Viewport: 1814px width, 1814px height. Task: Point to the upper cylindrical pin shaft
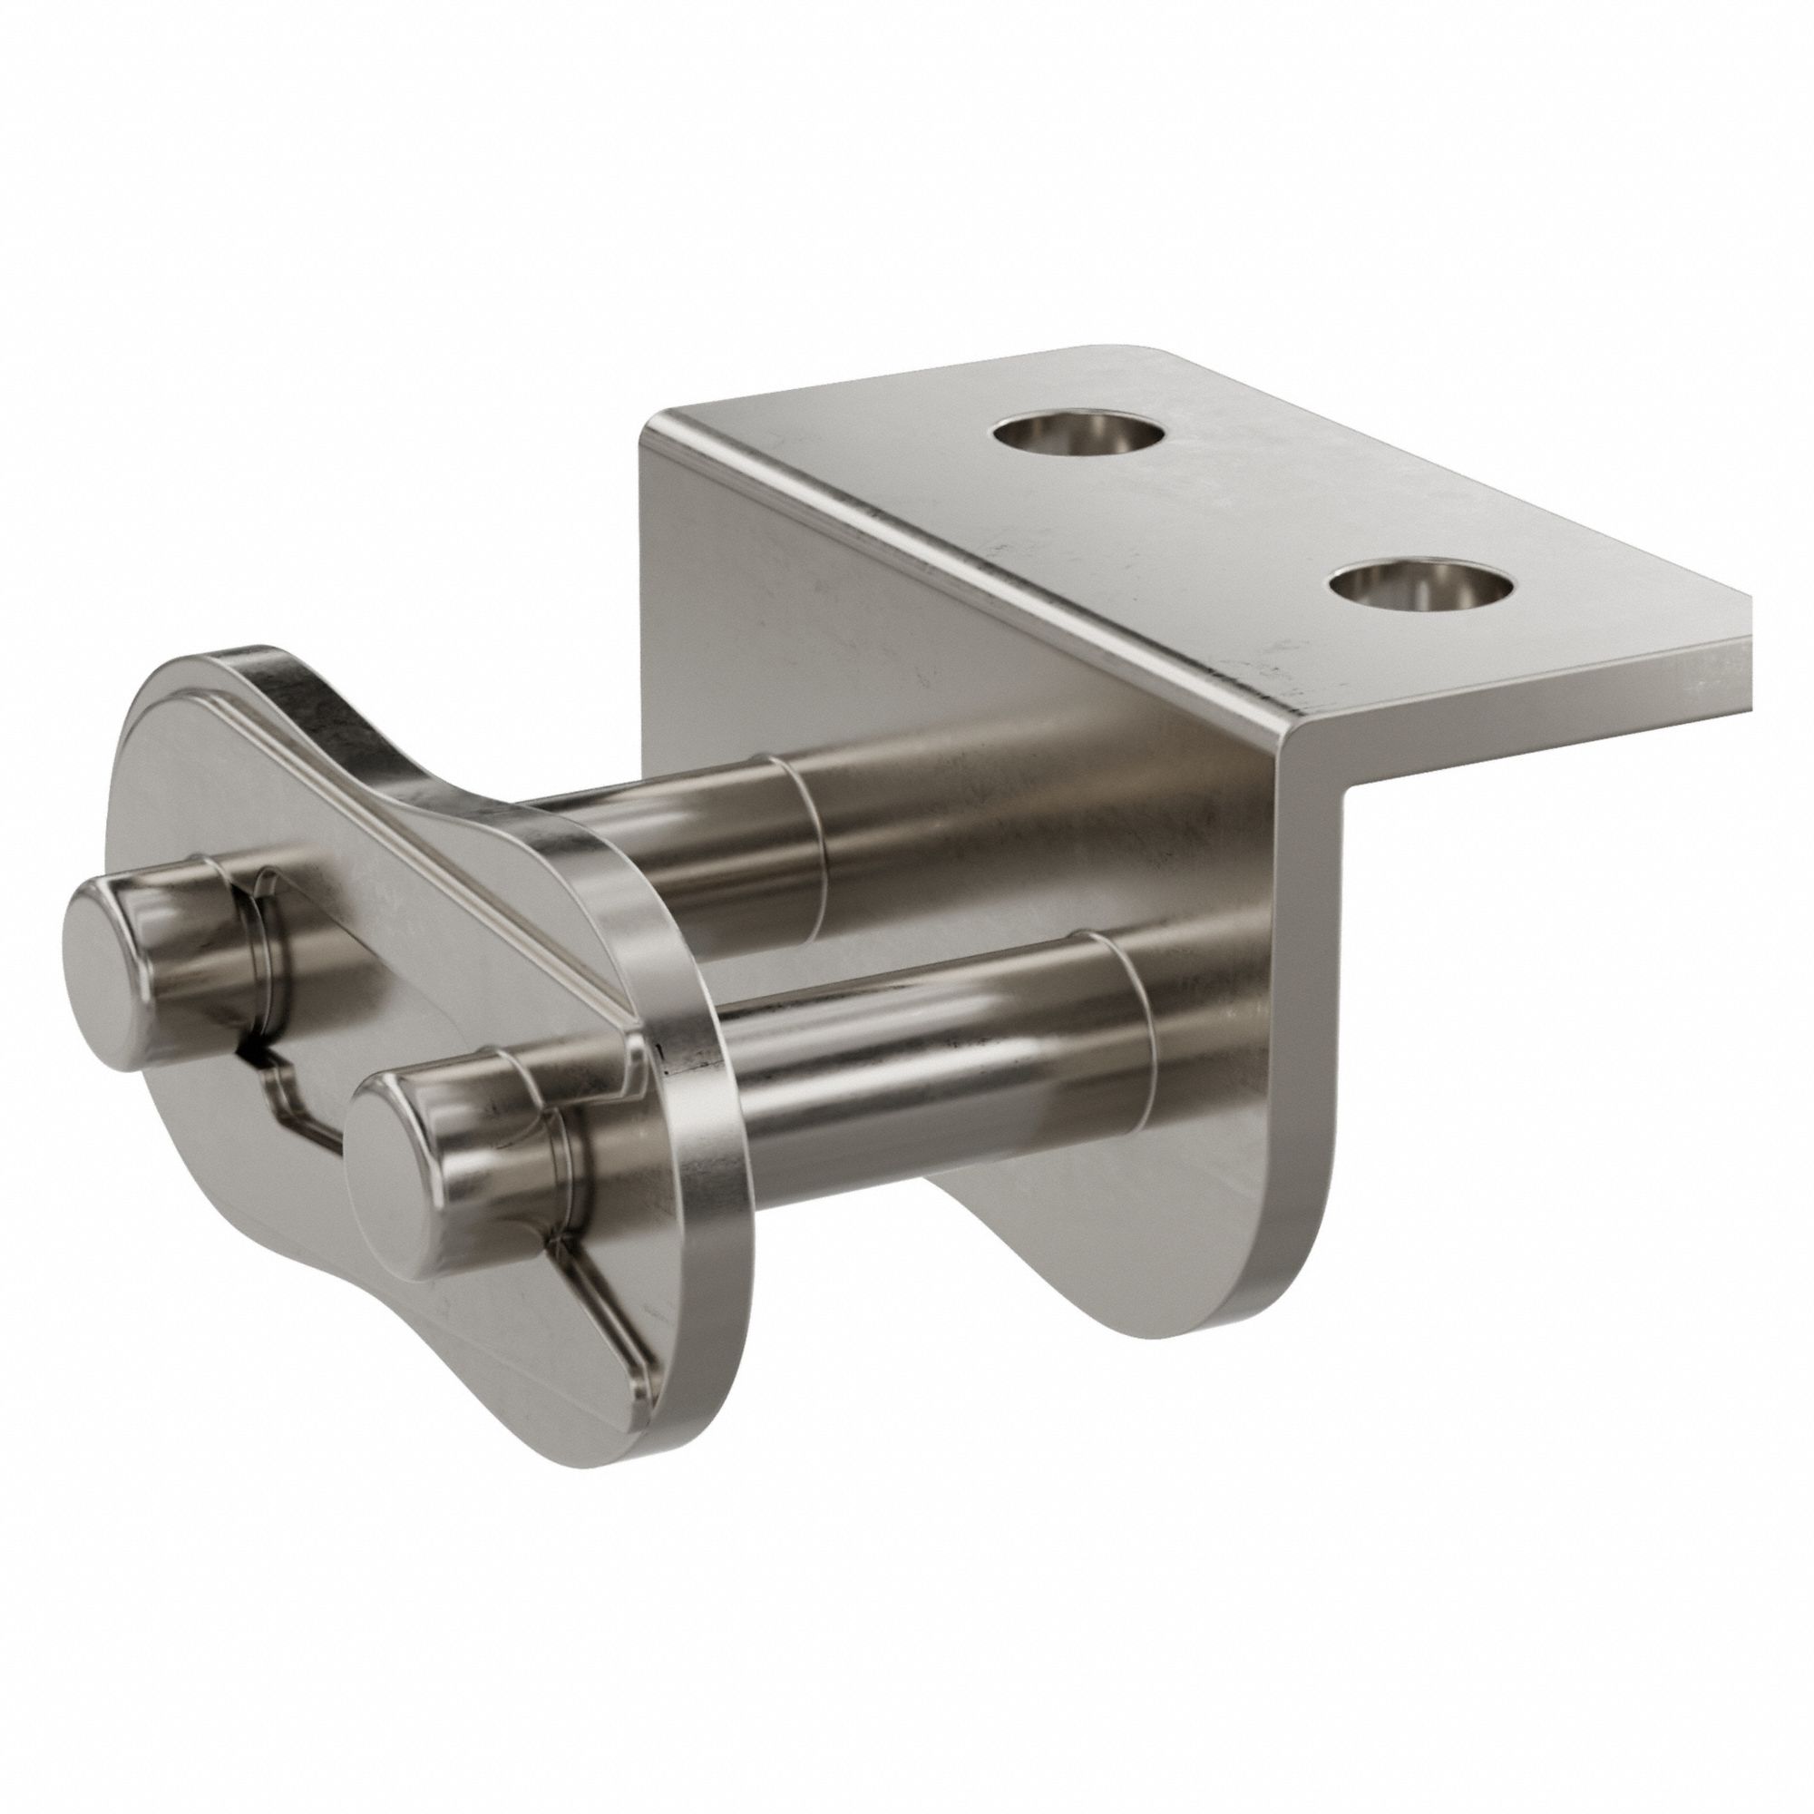[939, 845]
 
